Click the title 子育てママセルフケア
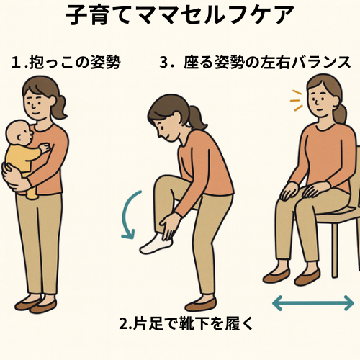pyautogui.click(x=179, y=15)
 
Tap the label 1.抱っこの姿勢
pyautogui.click(x=66, y=63)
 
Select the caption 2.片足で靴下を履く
pyautogui.click(x=186, y=323)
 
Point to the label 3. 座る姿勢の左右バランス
pyautogui.click(x=255, y=63)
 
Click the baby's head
pyautogui.click(x=19, y=133)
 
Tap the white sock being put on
pyautogui.click(x=156, y=243)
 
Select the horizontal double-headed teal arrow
pyautogui.click(x=313, y=303)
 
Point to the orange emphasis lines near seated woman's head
pyautogui.click(x=297, y=101)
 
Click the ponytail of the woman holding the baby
pyautogui.click(x=59, y=107)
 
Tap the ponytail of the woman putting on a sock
pyautogui.click(x=197, y=117)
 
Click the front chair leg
pyautogui.click(x=335, y=251)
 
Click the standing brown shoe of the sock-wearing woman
pyautogui.click(x=201, y=304)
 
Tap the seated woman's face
pyautogui.click(x=321, y=102)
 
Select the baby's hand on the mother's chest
pyautogui.click(x=45, y=148)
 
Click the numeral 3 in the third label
pyautogui.click(x=163, y=63)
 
